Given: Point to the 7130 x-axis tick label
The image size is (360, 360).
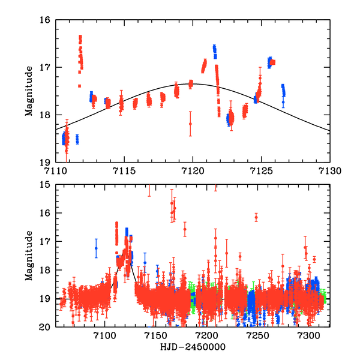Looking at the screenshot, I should pos(329,171).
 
